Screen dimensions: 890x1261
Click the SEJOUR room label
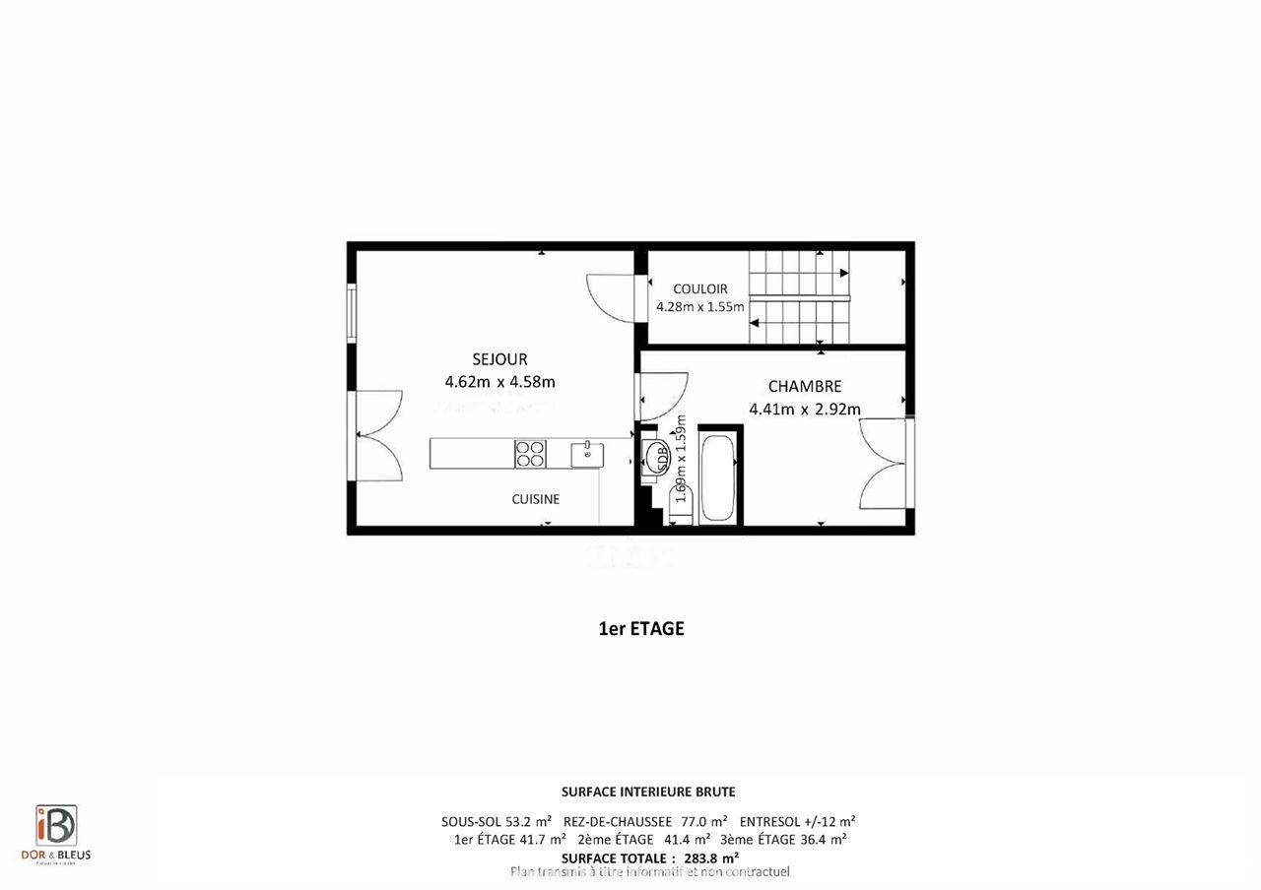(499, 359)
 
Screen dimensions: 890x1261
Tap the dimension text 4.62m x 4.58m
(500, 382)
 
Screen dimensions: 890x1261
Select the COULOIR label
(700, 288)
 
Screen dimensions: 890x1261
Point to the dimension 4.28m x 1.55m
(700, 306)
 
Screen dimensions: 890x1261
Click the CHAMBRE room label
(805, 387)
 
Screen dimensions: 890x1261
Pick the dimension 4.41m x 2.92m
(805, 410)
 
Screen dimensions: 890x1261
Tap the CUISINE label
(535, 499)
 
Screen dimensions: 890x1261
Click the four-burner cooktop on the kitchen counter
(530, 454)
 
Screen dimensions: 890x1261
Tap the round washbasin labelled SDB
(655, 457)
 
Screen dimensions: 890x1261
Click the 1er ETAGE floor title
(641, 628)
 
